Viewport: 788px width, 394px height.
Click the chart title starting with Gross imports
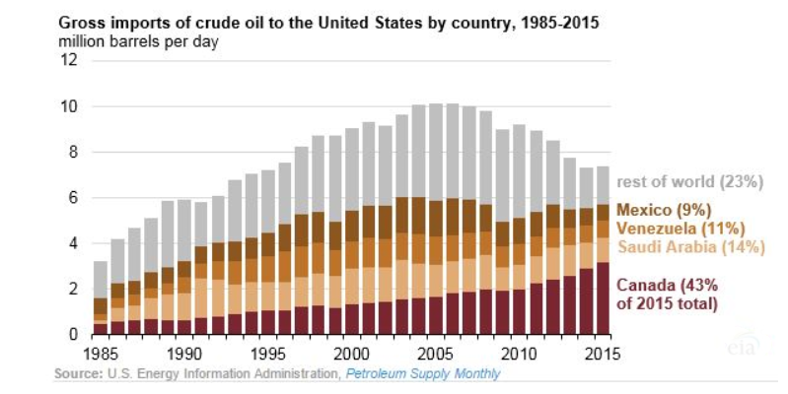pyautogui.click(x=328, y=23)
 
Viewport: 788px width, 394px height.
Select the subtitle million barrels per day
pyautogui.click(x=139, y=41)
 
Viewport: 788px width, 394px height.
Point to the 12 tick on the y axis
pyautogui.click(x=69, y=60)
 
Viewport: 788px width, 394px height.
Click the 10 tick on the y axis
pyautogui.click(x=69, y=106)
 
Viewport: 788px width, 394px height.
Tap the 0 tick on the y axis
pyautogui.click(x=73, y=334)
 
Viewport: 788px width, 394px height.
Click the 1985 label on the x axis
pyautogui.click(x=101, y=354)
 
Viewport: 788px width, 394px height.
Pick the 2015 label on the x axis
pyautogui.click(x=602, y=354)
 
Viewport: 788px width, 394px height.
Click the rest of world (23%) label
pyautogui.click(x=689, y=181)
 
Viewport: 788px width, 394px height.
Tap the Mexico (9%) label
pyautogui.click(x=664, y=210)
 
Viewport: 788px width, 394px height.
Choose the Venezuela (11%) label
pyautogui.click(x=680, y=229)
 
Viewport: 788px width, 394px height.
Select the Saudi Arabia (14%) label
pyautogui.click(x=691, y=247)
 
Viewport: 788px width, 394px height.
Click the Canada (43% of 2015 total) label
pyautogui.click(x=667, y=295)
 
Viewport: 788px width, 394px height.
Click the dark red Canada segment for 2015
pyautogui.click(x=603, y=298)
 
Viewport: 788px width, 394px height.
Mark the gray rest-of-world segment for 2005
pyautogui.click(x=436, y=153)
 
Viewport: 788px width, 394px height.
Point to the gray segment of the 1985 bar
pyautogui.click(x=101, y=280)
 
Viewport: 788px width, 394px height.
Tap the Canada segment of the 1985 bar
pyautogui.click(x=101, y=329)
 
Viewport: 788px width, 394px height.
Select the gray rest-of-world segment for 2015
pyautogui.click(x=603, y=186)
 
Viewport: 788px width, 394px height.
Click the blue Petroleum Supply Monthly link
pyautogui.click(x=423, y=374)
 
